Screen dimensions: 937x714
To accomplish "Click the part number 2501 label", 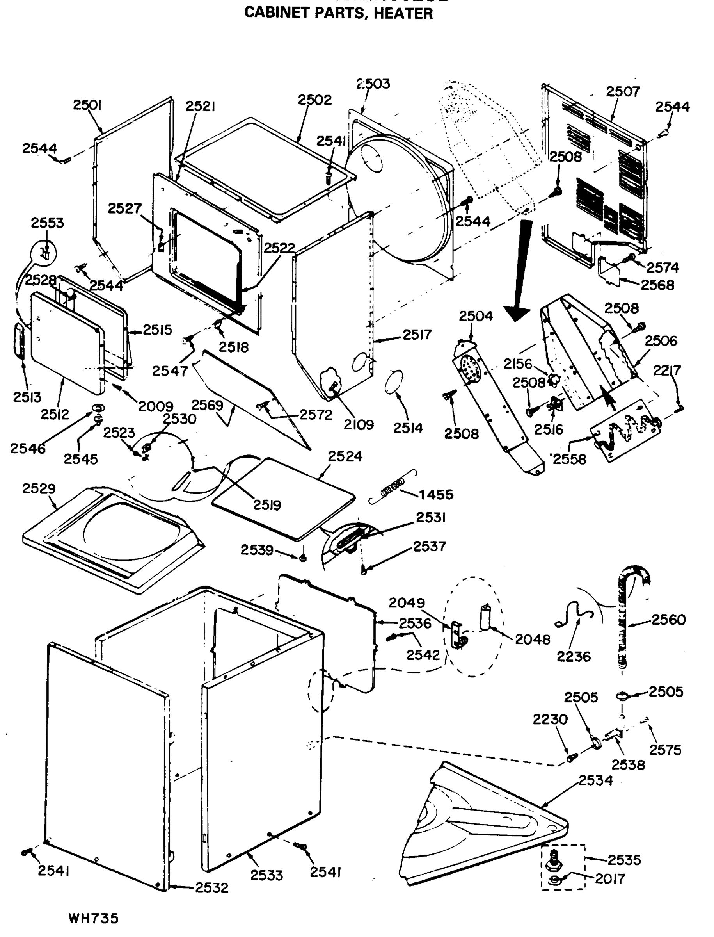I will pos(87,105).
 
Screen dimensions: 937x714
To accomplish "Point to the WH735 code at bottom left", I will pos(93,919).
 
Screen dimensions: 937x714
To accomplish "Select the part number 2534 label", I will pos(595,780).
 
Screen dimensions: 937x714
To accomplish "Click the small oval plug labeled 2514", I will pos(394,381).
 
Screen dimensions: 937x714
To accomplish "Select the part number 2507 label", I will pos(623,91).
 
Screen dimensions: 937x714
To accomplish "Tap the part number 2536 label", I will pos(414,623).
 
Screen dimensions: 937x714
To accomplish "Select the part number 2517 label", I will pos(417,335).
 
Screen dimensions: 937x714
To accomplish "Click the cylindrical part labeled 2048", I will pos(485,617).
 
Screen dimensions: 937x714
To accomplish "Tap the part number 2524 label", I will pos(345,456).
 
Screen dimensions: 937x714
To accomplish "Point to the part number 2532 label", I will pos(211,888).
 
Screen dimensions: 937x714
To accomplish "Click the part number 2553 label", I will pos(47,223).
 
